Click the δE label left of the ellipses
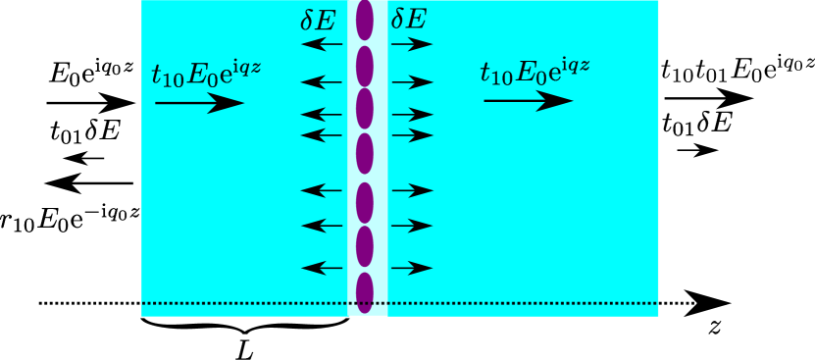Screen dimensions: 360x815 click(318, 21)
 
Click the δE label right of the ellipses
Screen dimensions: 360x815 click(408, 21)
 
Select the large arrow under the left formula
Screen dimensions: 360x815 click(200, 103)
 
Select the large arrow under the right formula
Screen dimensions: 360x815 click(528, 100)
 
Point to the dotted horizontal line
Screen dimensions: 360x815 click(245, 303)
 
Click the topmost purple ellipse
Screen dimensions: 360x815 click(365, 21)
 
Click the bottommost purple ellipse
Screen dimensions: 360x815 click(365, 292)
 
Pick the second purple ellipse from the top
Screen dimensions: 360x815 click(365, 66)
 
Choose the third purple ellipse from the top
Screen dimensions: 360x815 click(365, 109)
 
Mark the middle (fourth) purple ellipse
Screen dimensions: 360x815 click(365, 153)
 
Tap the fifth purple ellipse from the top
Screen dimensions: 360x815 click(365, 202)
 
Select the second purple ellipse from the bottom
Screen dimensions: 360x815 click(365, 246)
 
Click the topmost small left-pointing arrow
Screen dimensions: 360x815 click(322, 44)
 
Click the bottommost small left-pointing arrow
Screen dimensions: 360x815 click(322, 268)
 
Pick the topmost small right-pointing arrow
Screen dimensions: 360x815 click(412, 44)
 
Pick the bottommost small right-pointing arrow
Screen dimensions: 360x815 click(412, 268)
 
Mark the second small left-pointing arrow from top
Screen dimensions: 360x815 click(322, 81)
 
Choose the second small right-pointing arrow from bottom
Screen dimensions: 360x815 click(412, 226)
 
